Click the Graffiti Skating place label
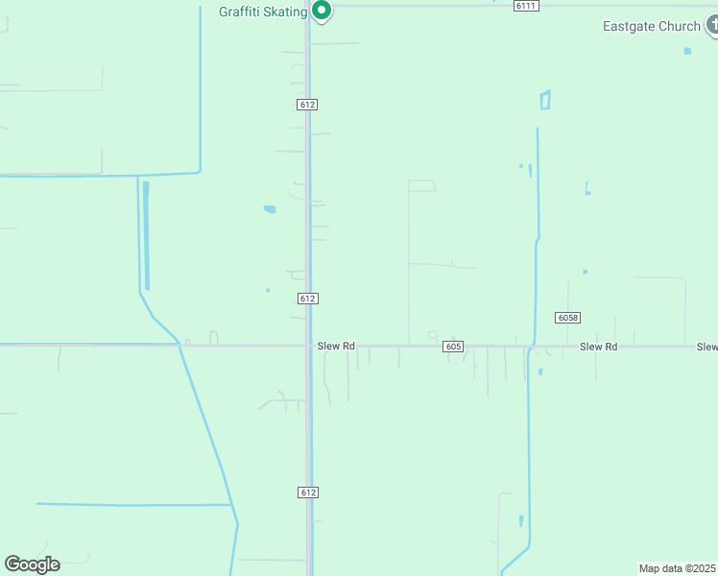(x=262, y=12)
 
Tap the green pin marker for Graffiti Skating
(x=323, y=11)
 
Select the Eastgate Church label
(x=651, y=26)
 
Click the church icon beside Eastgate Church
(x=712, y=26)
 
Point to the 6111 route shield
(x=525, y=6)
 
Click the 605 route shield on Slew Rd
(x=454, y=346)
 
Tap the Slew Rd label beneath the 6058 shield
(x=598, y=347)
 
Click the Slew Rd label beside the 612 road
(x=336, y=346)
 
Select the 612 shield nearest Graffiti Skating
(x=307, y=104)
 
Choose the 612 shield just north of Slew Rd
(x=307, y=299)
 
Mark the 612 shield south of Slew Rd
(x=307, y=492)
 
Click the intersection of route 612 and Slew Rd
(x=308, y=346)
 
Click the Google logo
(x=32, y=564)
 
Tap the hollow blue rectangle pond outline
(x=545, y=100)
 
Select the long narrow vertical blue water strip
(x=146, y=235)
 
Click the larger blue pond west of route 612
(x=270, y=208)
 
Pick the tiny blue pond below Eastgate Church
(x=687, y=51)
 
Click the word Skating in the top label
(x=285, y=12)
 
